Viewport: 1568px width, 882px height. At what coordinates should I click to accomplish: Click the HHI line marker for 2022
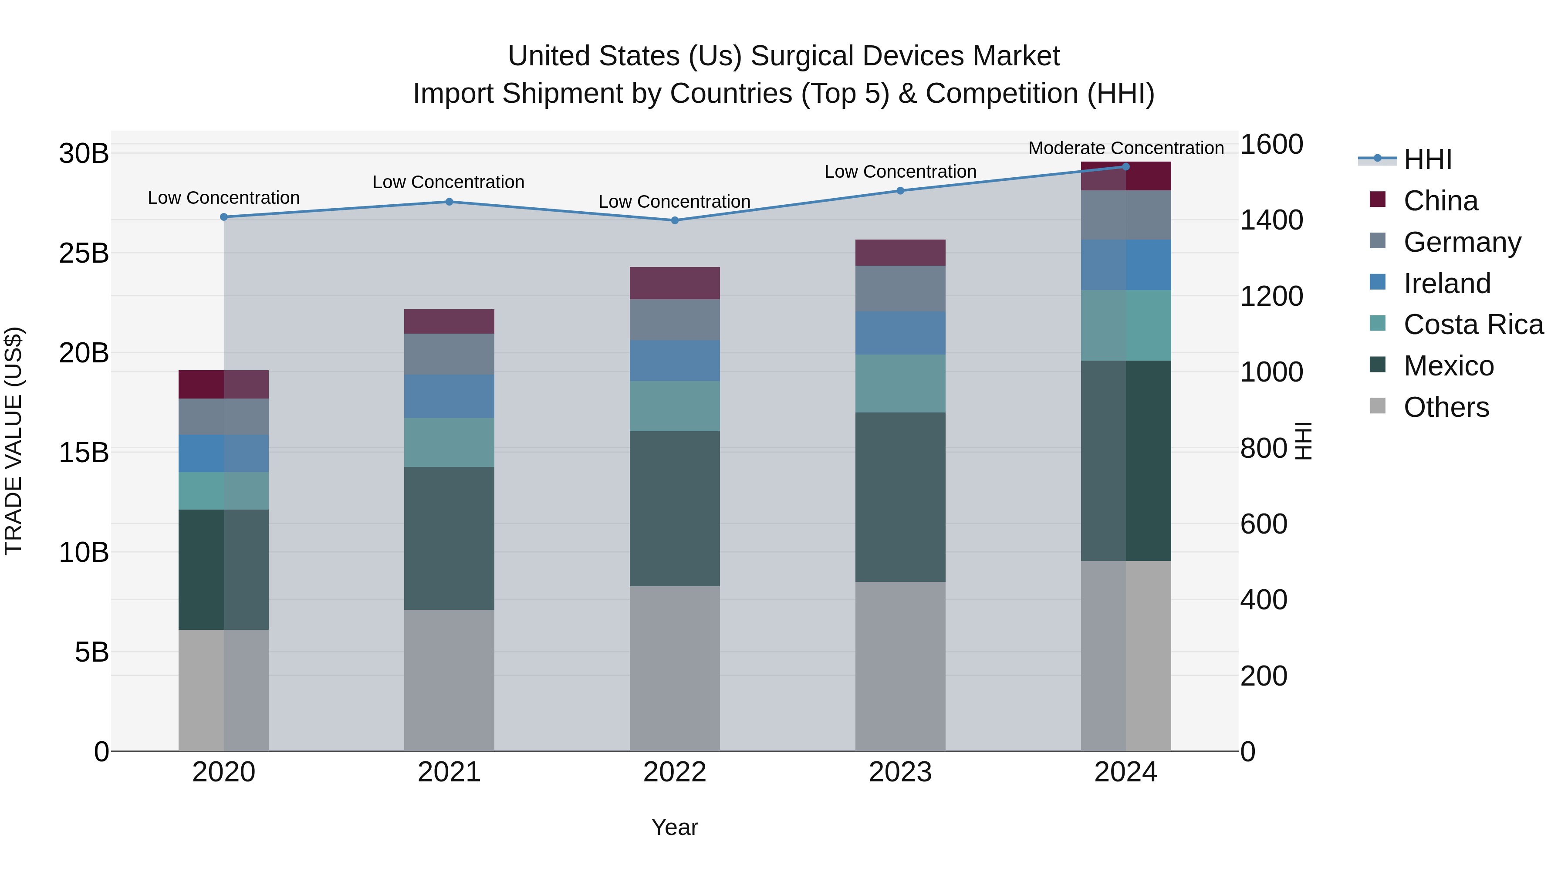[x=674, y=220]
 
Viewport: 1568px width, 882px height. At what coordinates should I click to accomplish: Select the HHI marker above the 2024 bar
[x=1125, y=167]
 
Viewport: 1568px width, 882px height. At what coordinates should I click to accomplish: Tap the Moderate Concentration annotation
[x=1125, y=148]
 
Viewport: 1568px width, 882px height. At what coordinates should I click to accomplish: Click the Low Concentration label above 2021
[x=448, y=182]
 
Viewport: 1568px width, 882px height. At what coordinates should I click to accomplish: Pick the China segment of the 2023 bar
[x=900, y=253]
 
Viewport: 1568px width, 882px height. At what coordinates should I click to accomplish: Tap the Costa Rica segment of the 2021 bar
[x=449, y=443]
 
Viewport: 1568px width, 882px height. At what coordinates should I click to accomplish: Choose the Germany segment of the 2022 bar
[x=674, y=320]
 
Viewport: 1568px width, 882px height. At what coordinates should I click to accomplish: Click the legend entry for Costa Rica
[x=1473, y=324]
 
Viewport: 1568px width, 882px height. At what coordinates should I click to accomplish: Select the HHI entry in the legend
[x=1427, y=159]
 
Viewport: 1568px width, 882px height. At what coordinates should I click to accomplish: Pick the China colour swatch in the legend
[x=1378, y=199]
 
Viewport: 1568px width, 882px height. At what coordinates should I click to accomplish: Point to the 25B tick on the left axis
[x=83, y=253]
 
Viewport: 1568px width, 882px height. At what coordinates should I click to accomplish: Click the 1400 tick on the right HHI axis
[x=1271, y=220]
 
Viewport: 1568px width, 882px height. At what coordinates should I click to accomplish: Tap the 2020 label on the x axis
[x=223, y=772]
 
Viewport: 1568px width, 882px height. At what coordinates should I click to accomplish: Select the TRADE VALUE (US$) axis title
[x=14, y=441]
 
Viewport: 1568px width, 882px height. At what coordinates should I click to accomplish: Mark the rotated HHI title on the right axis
[x=1303, y=441]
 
